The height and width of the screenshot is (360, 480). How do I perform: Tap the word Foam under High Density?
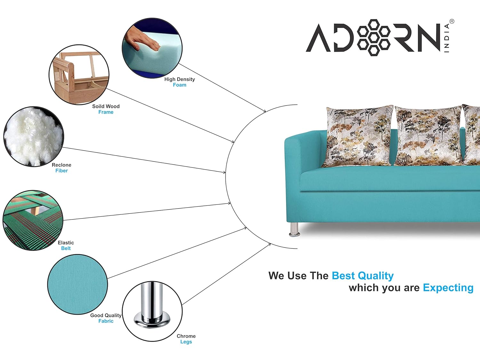pyautogui.click(x=180, y=85)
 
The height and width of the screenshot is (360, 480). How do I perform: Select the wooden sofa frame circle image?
pyautogui.click(x=79, y=75)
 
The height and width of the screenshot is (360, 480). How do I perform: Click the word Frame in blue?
pyautogui.click(x=106, y=112)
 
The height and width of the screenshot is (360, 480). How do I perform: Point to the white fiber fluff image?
pyautogui.click(x=34, y=137)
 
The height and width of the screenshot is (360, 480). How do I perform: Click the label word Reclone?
pyautogui.click(x=61, y=165)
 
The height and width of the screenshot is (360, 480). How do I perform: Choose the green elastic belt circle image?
pyautogui.click(x=33, y=220)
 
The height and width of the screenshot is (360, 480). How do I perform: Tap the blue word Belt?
pyautogui.click(x=66, y=248)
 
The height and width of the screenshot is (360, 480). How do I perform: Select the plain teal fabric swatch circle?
pyautogui.click(x=77, y=284)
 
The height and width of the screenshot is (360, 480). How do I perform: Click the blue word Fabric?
pyautogui.click(x=106, y=321)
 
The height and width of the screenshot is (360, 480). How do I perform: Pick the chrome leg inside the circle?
pyautogui.click(x=152, y=306)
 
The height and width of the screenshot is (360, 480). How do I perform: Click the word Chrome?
pyautogui.click(x=186, y=336)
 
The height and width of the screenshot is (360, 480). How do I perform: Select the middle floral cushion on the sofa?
pyautogui.click(x=428, y=135)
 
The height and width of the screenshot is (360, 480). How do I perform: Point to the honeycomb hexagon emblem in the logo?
pyautogui.click(x=373, y=37)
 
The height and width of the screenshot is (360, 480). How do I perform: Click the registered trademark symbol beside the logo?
pyautogui.click(x=452, y=21)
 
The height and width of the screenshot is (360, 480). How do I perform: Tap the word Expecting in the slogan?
pyautogui.click(x=448, y=288)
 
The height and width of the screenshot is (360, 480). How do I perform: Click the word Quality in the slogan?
pyautogui.click(x=375, y=276)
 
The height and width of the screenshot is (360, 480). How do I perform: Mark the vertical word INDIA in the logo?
pyautogui.click(x=447, y=38)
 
